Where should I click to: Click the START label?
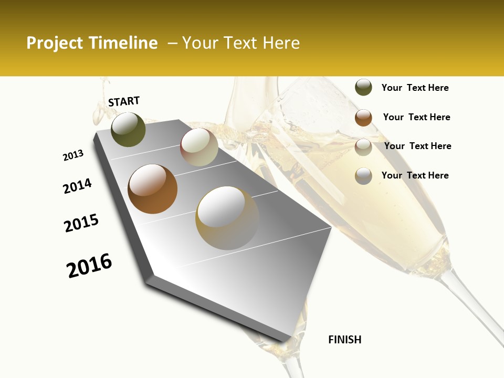click(124, 101)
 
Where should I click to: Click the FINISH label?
click(344, 340)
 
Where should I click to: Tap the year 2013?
click(73, 155)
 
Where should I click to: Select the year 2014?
click(78, 186)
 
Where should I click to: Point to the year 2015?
click(81, 223)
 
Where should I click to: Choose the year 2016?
click(89, 266)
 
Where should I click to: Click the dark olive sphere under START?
click(128, 129)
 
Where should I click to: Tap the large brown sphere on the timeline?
click(152, 189)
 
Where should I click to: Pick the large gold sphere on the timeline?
click(227, 217)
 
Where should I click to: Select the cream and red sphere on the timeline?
click(199, 147)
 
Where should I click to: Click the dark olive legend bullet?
click(363, 88)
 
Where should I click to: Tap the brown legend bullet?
click(363, 118)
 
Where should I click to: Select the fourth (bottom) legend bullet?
click(363, 176)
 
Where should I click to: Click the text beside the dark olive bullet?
click(415, 88)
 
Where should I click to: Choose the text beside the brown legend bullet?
click(416, 117)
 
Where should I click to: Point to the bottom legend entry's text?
click(415, 175)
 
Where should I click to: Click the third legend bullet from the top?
click(363, 147)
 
